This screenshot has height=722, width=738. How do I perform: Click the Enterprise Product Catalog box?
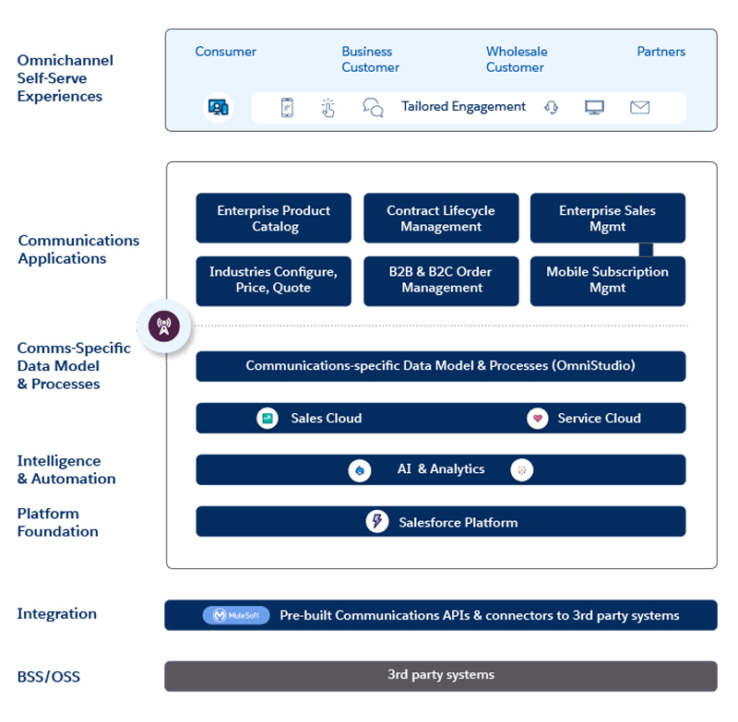(x=274, y=219)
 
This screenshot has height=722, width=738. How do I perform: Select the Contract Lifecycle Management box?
(x=441, y=219)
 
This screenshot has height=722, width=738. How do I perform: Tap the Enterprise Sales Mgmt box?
(x=607, y=219)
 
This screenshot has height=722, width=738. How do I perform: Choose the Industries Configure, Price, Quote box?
(x=274, y=280)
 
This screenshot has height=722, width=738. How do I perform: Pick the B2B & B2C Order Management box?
(x=441, y=280)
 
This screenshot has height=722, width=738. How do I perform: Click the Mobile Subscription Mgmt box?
(x=607, y=280)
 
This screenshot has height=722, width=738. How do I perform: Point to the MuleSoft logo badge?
(x=236, y=615)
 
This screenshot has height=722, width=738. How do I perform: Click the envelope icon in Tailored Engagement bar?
(x=640, y=107)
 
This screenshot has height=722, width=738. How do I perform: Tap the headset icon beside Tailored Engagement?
(x=552, y=107)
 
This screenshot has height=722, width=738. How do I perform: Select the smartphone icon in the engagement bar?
(x=287, y=107)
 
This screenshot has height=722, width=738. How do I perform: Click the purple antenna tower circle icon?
(x=164, y=325)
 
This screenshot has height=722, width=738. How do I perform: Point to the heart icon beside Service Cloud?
(x=537, y=419)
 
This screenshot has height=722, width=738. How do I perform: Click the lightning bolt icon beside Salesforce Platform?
(x=376, y=522)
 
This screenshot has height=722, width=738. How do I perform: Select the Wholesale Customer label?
(x=517, y=59)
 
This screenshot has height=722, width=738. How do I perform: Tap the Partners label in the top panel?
(x=661, y=52)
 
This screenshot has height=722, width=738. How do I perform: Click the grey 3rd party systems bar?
(x=440, y=675)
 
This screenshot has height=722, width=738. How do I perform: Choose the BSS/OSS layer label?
(x=48, y=677)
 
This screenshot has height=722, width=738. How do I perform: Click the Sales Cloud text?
(x=326, y=419)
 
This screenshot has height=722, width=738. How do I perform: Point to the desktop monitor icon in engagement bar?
(x=595, y=107)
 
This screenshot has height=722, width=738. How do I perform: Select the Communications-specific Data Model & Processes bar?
(x=440, y=366)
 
